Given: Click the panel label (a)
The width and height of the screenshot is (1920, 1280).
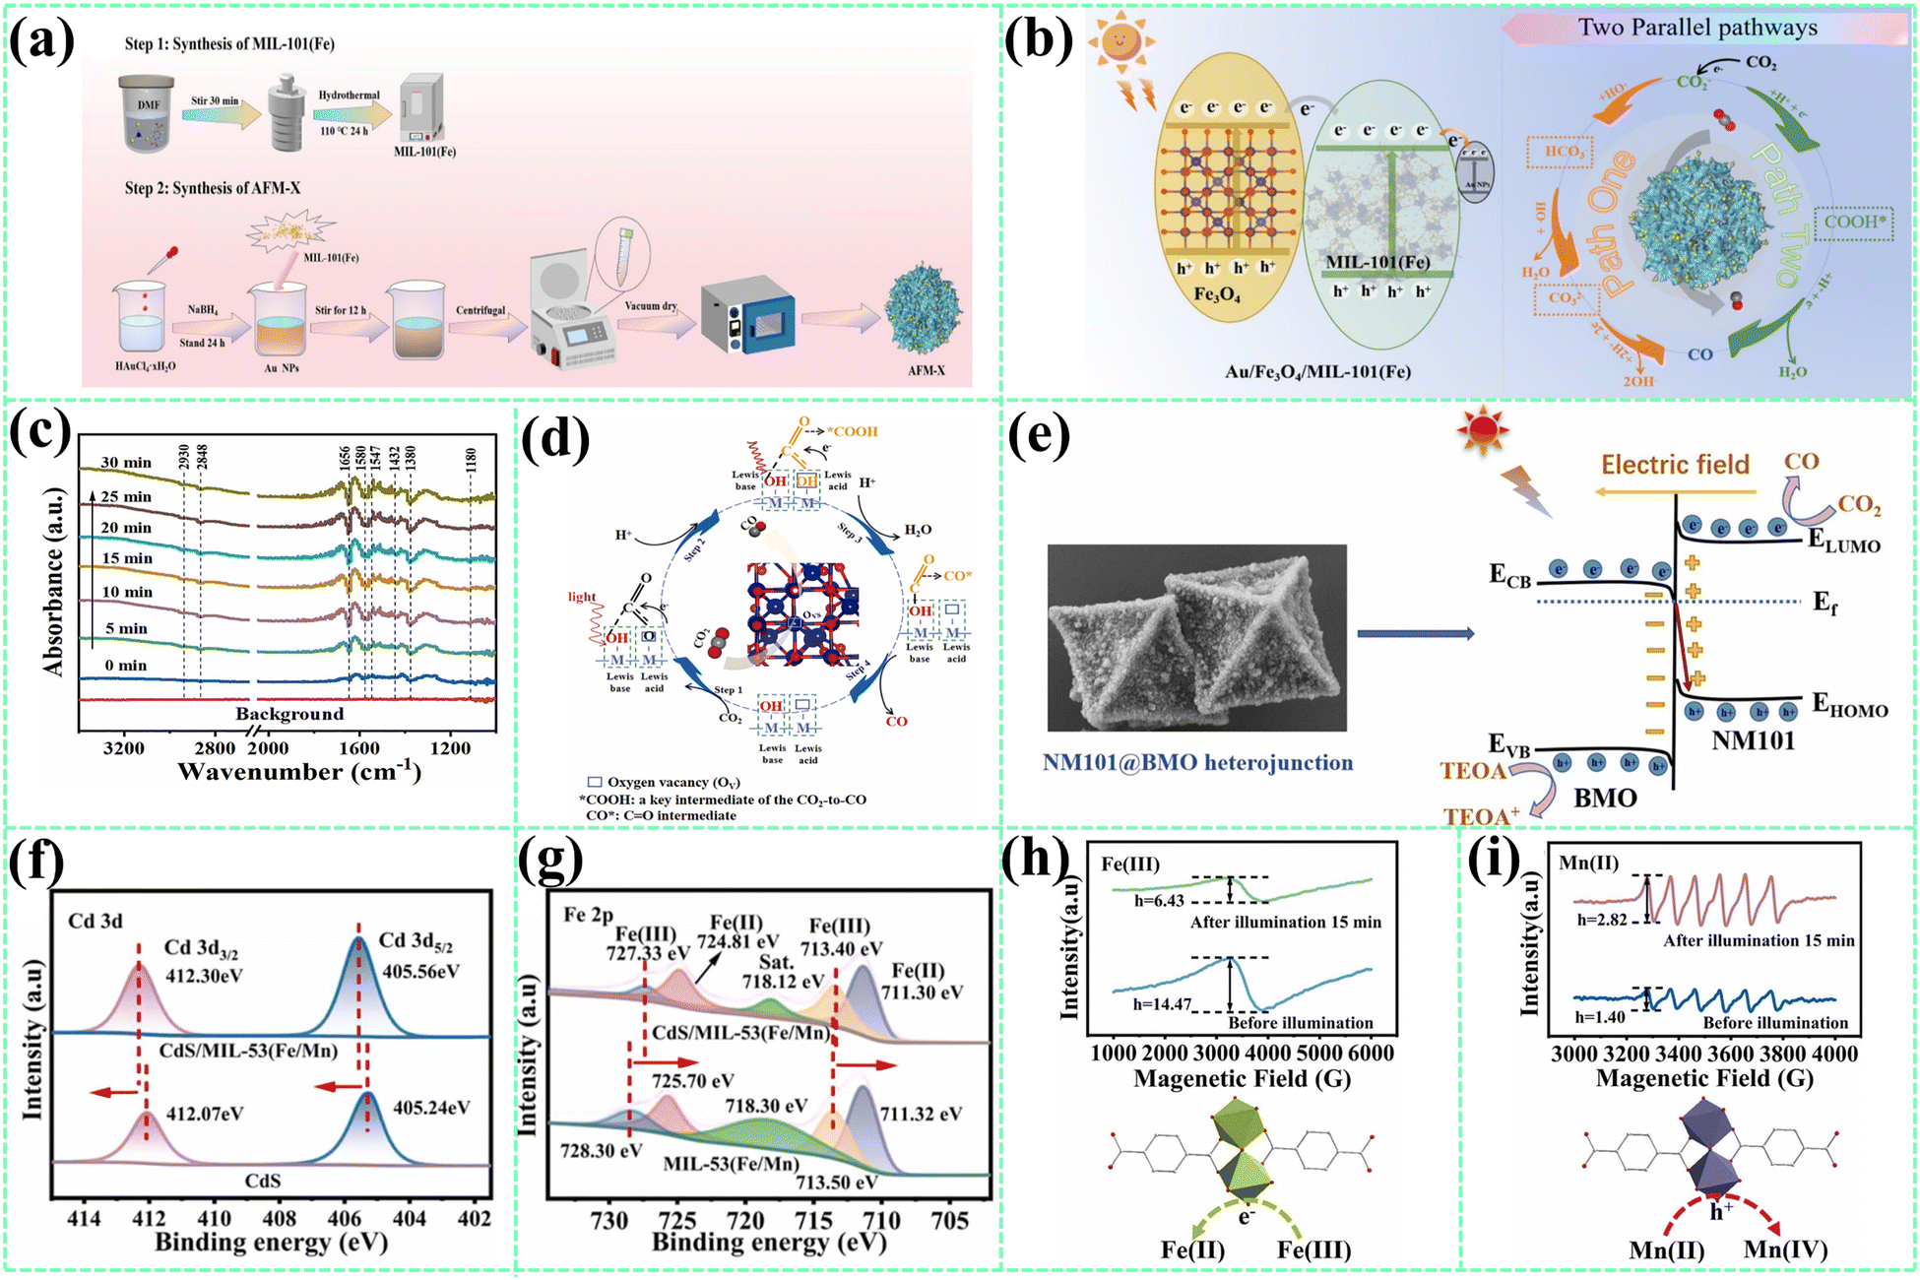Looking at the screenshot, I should (x=41, y=41).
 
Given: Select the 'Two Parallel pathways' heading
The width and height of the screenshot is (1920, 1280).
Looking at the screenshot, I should (x=1697, y=28).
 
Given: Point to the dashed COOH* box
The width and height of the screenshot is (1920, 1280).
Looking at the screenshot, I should (x=1855, y=223).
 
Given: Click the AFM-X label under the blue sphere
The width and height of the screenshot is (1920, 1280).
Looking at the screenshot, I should (x=926, y=371).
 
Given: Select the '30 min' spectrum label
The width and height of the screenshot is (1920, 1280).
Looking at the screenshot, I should (x=125, y=462).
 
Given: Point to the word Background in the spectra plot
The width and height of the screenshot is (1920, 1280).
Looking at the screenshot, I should (x=289, y=714).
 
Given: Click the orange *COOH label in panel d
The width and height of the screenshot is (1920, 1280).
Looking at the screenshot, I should (x=852, y=431).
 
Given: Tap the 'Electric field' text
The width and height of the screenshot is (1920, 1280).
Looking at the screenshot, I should (x=1674, y=465).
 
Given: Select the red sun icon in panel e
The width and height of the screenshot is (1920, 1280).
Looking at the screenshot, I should (x=1484, y=430).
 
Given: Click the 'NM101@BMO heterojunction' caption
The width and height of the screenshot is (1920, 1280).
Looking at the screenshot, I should (x=1197, y=762).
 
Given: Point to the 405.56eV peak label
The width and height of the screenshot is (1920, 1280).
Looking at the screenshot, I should (x=420, y=971).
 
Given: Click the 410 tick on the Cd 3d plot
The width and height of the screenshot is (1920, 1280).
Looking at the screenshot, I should (x=215, y=1219).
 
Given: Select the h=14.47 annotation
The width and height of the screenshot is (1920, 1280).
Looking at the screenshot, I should (x=1162, y=1005).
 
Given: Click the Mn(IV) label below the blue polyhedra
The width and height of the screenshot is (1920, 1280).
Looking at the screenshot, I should (x=1785, y=1250).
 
